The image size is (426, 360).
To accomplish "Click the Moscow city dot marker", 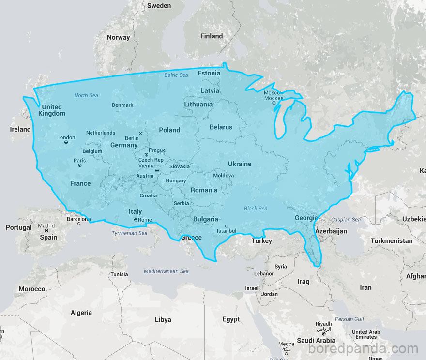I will pyautogui.click(x=274, y=103).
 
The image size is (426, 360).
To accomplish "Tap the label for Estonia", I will pyautogui.click(x=209, y=74).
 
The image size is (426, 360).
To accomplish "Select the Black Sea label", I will pyautogui.click(x=256, y=209).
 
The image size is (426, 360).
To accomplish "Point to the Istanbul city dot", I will pyautogui.click(x=226, y=226).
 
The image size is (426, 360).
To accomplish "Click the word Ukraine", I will pyautogui.click(x=240, y=164).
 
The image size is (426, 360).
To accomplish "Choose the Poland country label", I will pyautogui.click(x=169, y=130).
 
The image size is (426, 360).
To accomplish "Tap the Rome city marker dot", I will pyautogui.click(x=136, y=220).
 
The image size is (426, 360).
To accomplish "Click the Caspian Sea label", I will pyautogui.click(x=346, y=220).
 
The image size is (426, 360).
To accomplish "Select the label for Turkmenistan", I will pyautogui.click(x=392, y=240).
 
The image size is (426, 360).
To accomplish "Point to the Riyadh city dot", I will pyautogui.click(x=323, y=330).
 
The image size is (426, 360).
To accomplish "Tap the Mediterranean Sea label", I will pyautogui.click(x=166, y=271).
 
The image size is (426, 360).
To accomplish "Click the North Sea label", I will pyautogui.click(x=86, y=95).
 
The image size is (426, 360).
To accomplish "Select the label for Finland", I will pyautogui.click(x=212, y=36).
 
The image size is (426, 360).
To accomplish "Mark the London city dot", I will pyautogui.click(x=66, y=142).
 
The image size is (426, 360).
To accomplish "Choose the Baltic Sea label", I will pyautogui.click(x=176, y=75).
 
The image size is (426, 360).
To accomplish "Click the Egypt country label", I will pyautogui.click(x=231, y=319).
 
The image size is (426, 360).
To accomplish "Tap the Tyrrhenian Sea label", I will pyautogui.click(x=129, y=233).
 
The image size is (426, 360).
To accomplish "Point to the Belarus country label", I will pyautogui.click(x=221, y=127).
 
